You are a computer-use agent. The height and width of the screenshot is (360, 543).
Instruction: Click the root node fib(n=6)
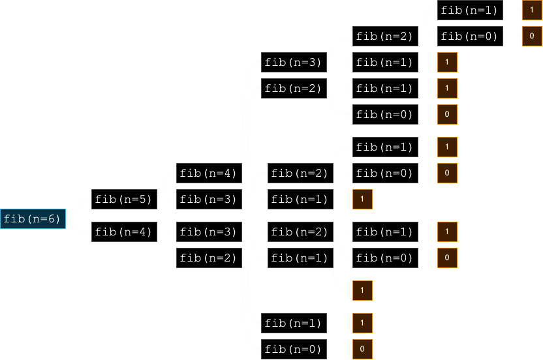33,218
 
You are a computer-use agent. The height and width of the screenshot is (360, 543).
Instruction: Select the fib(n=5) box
124,199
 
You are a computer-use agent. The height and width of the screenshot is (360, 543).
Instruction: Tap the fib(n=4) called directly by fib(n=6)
124,232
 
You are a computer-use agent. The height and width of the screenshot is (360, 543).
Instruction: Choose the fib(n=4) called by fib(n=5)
209,173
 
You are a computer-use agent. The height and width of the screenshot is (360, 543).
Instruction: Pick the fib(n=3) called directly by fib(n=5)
209,199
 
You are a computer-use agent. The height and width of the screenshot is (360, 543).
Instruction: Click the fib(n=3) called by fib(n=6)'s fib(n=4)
209,232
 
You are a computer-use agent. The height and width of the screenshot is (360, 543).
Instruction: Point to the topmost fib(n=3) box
294,63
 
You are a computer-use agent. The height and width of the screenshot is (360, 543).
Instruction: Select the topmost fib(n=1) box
471,10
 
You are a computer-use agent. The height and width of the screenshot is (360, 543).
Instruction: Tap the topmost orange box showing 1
532,10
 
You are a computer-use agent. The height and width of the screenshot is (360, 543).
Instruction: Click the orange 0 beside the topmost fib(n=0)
532,36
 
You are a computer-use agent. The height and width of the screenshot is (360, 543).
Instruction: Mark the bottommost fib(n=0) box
294,350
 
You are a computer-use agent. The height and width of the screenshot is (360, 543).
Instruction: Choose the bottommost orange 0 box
363,350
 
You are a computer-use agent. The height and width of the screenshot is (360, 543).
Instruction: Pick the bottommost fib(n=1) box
294,323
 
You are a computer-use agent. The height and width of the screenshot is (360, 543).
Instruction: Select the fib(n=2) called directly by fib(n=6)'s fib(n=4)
209,258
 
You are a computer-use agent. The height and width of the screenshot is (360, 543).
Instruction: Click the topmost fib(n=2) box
386,36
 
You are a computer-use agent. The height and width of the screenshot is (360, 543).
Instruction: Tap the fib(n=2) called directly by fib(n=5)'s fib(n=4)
294,88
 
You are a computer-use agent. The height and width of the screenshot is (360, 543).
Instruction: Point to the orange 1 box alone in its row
363,290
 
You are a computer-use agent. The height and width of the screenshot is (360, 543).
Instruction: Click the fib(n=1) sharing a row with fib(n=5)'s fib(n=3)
301,199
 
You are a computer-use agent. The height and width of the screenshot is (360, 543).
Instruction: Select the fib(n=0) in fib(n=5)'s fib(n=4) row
386,173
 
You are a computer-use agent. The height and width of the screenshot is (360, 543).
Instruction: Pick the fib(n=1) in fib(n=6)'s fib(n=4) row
386,232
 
